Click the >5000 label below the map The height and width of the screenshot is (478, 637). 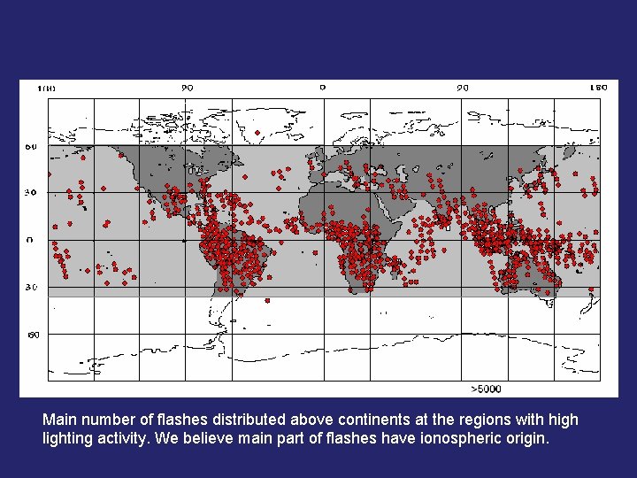point(486,388)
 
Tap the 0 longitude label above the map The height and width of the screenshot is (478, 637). point(322,88)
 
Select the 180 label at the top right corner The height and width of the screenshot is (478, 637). point(598,88)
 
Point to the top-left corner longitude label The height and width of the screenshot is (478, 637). point(46,89)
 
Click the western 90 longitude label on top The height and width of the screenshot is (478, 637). point(187,88)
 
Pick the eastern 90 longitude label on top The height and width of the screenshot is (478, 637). point(462,88)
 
